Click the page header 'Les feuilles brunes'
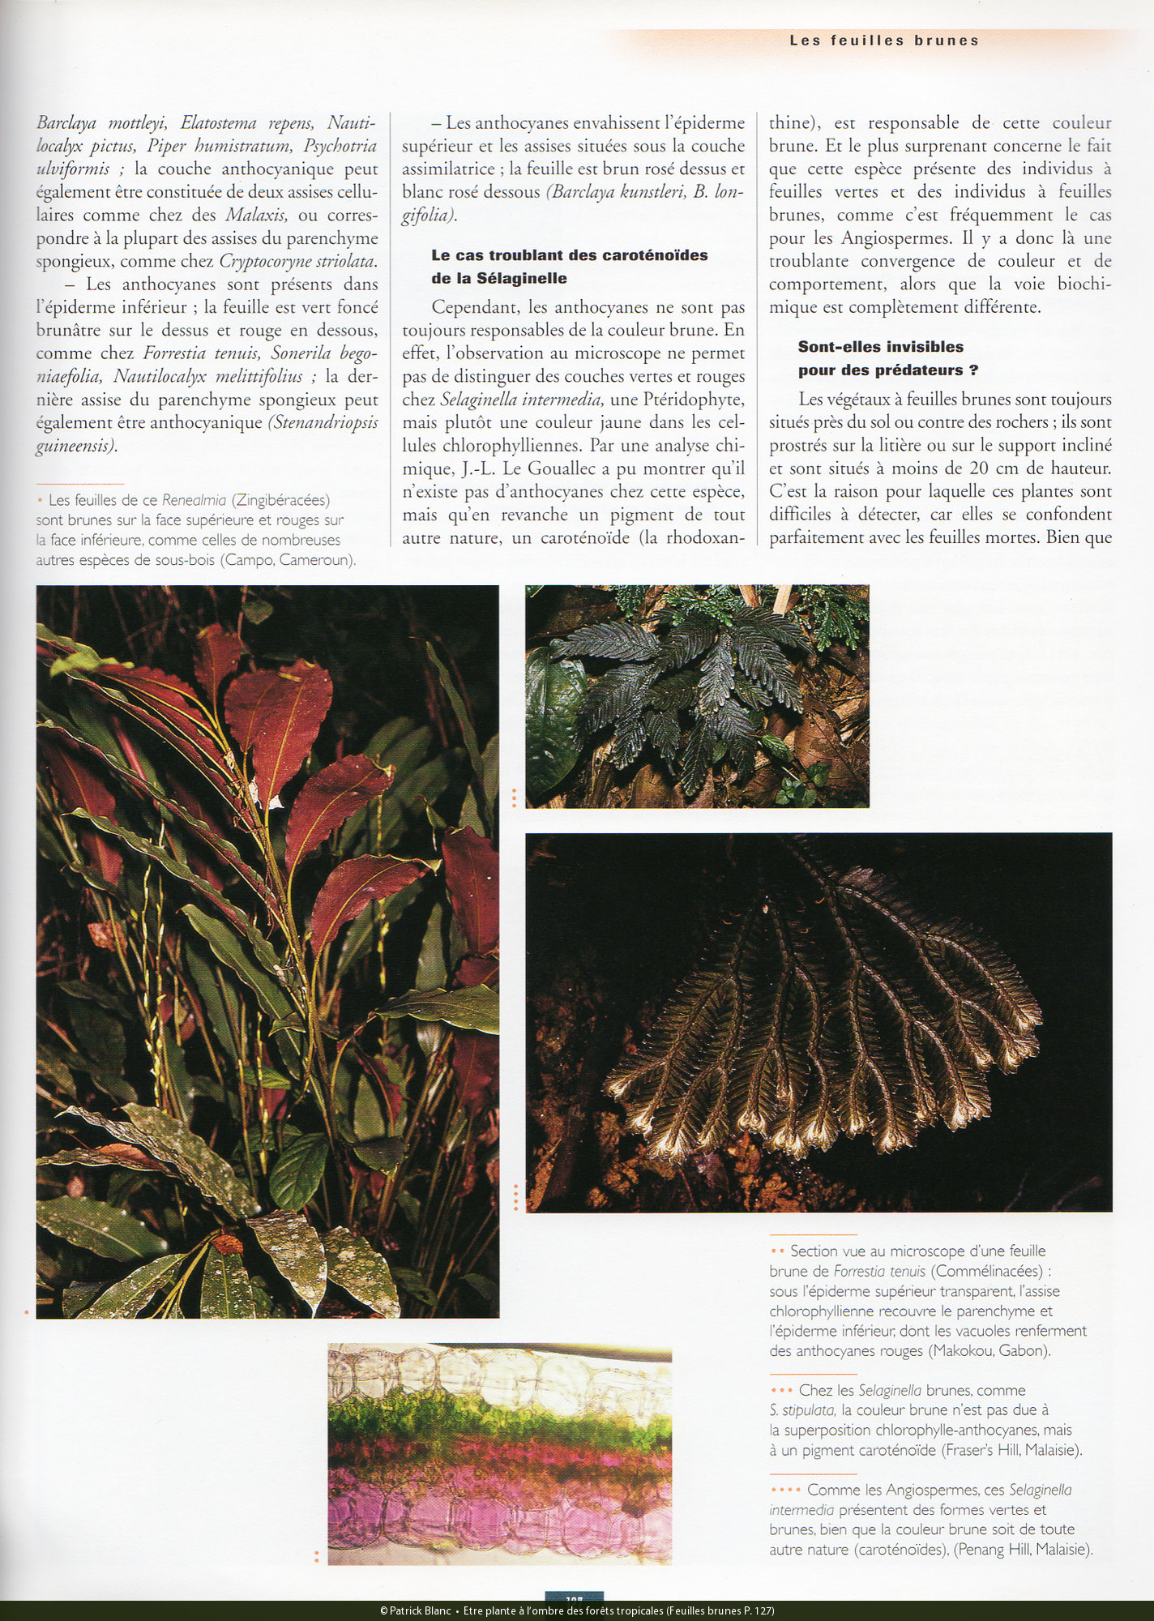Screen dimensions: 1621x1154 (x=884, y=41)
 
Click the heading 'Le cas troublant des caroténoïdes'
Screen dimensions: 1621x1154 (x=569, y=255)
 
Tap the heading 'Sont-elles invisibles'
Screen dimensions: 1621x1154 (x=880, y=347)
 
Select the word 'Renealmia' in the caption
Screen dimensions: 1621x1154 (x=194, y=500)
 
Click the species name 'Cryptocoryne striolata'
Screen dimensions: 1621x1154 (x=297, y=262)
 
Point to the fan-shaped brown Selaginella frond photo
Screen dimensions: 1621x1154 (x=818, y=1022)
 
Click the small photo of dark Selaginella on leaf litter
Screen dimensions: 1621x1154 (x=697, y=696)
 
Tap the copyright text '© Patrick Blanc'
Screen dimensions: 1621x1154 (x=415, y=1610)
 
